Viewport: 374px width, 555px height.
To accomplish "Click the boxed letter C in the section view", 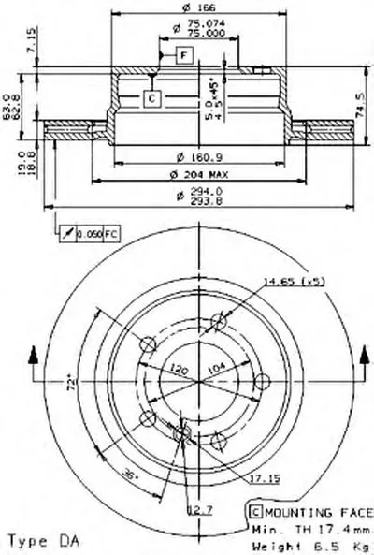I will coord(151,96).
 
